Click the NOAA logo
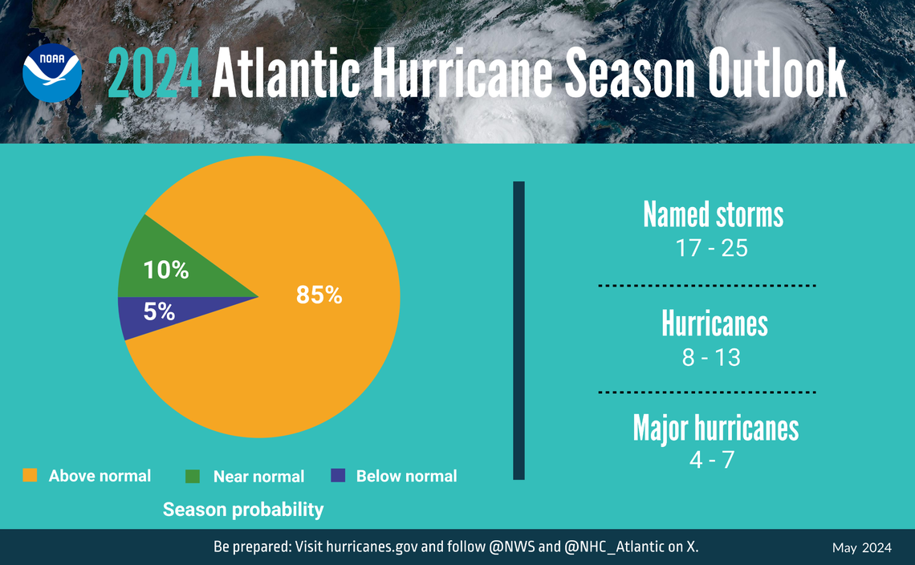52,73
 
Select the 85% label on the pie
319,295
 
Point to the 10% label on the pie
165,271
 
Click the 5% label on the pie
159,311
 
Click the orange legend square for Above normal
30,476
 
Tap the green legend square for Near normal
193,476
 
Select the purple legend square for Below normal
338,476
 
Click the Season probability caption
243,510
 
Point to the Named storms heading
713,214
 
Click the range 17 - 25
711,249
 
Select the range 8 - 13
711,358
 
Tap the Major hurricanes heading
715,428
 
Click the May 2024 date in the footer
861,548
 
